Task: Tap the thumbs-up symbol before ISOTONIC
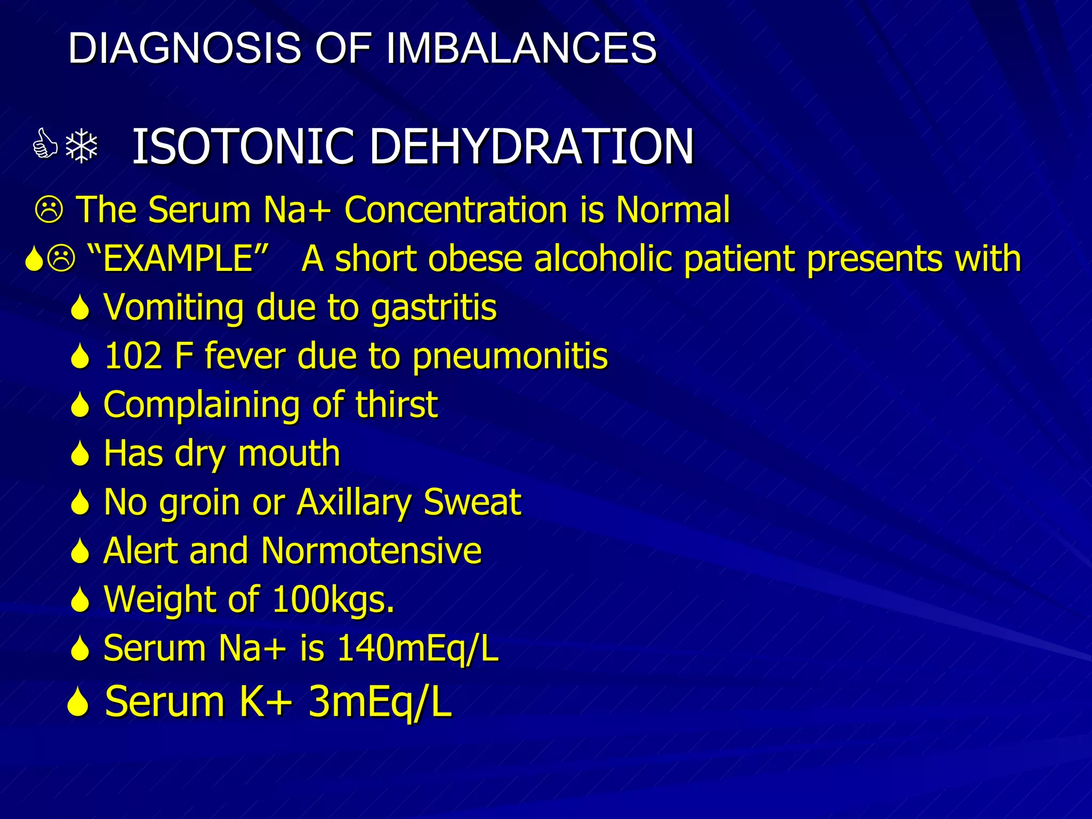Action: click(45, 146)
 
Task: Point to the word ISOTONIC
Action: click(243, 147)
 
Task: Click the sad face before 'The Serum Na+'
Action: click(49, 210)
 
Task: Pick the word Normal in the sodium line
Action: click(672, 210)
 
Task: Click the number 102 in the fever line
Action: click(133, 356)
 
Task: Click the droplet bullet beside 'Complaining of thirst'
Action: click(80, 405)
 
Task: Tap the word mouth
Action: click(288, 454)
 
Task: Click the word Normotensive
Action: click(371, 551)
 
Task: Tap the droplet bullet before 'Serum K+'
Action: click(78, 702)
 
